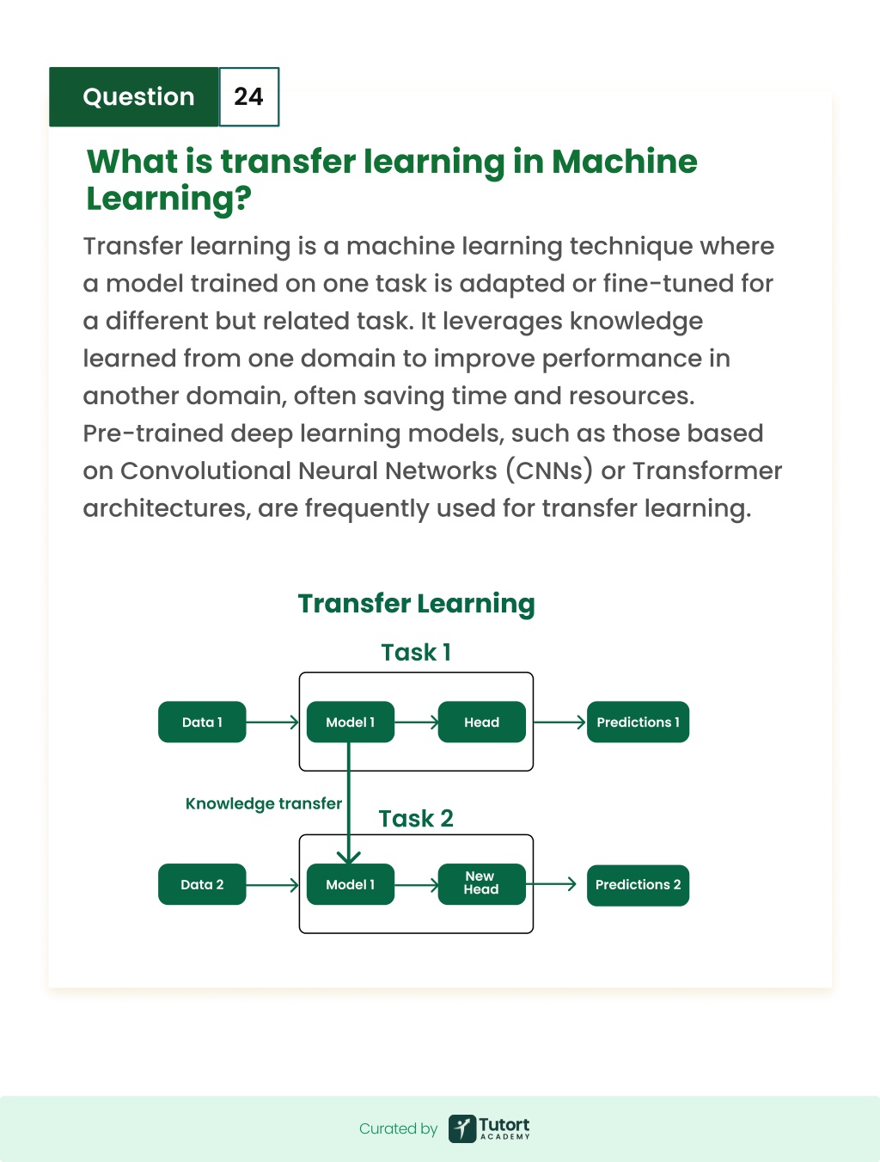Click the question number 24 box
pyautogui.click(x=249, y=97)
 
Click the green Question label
pyautogui.click(x=134, y=97)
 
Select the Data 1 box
pyautogui.click(x=202, y=722)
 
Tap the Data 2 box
pyautogui.click(x=202, y=884)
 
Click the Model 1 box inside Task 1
pyautogui.click(x=351, y=722)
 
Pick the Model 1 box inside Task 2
pyautogui.click(x=351, y=884)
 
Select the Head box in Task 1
pyautogui.click(x=482, y=722)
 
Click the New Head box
pyautogui.click(x=482, y=884)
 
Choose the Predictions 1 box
pyautogui.click(x=638, y=722)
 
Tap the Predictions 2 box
pyautogui.click(x=638, y=885)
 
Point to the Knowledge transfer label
pyautogui.click(x=263, y=803)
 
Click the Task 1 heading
pyautogui.click(x=416, y=652)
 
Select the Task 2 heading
pyautogui.click(x=416, y=819)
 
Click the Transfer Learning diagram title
pyautogui.click(x=416, y=604)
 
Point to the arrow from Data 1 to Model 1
pyautogui.click(x=272, y=722)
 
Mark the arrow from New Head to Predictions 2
pyautogui.click(x=551, y=883)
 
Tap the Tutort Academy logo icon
pyautogui.click(x=462, y=1128)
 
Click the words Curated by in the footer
pyautogui.click(x=398, y=1128)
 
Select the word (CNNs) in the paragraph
pyautogui.click(x=549, y=470)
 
